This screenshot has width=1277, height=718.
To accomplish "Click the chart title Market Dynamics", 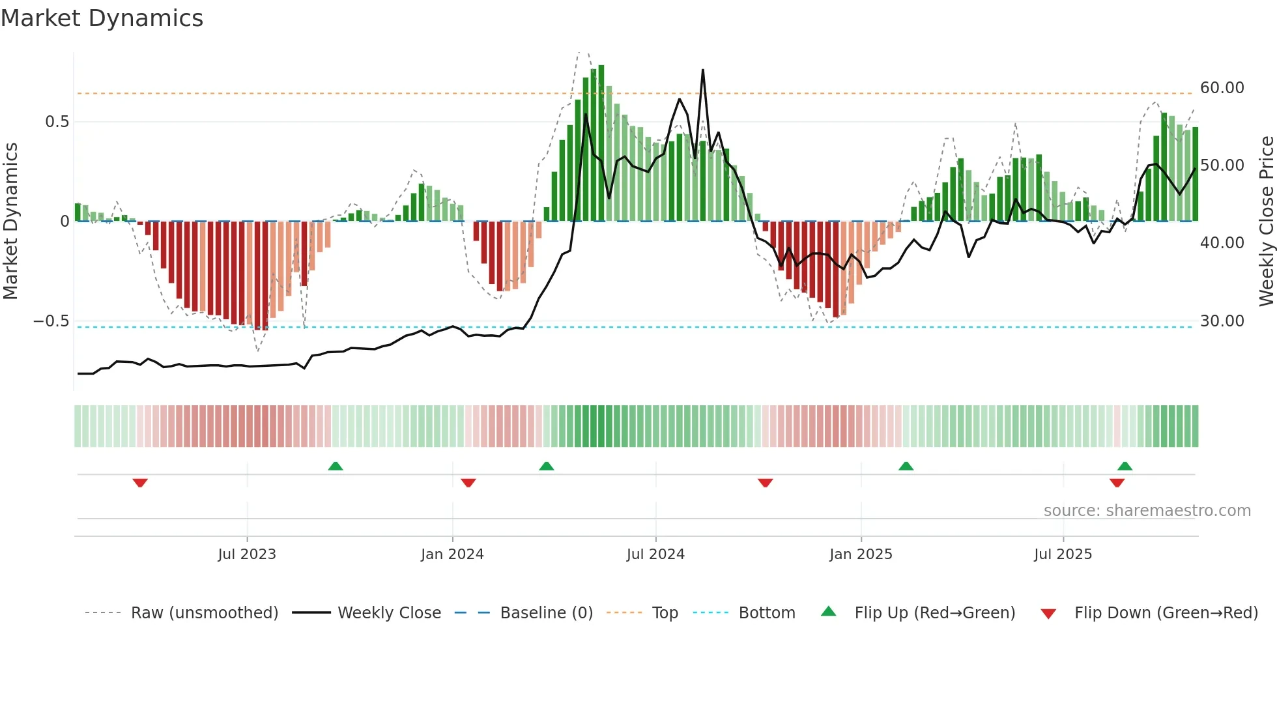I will click(x=102, y=18).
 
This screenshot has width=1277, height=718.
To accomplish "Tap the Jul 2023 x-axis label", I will click(x=247, y=554).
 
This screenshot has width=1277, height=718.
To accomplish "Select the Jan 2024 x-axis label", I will click(x=452, y=554).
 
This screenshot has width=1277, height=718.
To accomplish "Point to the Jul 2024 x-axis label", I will click(x=655, y=554).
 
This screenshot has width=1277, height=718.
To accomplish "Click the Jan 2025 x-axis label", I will click(x=861, y=554).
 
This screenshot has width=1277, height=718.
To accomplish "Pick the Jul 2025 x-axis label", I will click(x=1063, y=554).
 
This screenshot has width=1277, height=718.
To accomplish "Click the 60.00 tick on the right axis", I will click(x=1222, y=88).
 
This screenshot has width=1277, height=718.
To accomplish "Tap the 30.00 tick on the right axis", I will click(x=1222, y=321).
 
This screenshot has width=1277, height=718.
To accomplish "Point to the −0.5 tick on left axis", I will click(x=51, y=321).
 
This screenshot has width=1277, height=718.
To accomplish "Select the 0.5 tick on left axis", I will click(x=57, y=122).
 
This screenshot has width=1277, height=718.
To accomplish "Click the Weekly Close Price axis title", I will click(x=1266, y=221).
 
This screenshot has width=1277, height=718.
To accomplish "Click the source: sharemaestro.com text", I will click(x=1147, y=511).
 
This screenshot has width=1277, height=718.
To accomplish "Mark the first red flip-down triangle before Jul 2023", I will click(x=140, y=483).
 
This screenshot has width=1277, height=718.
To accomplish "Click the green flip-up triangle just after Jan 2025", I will click(x=906, y=466).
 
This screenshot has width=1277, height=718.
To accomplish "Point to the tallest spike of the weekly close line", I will click(x=703, y=70).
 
